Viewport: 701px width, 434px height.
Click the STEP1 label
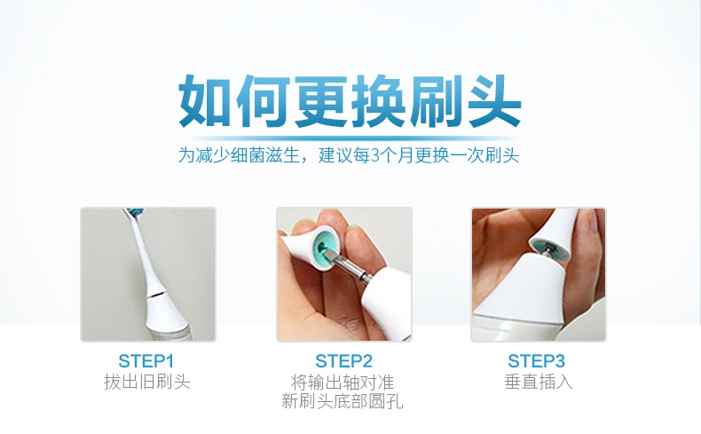pyautogui.click(x=146, y=360)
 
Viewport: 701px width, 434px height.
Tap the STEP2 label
pyautogui.click(x=343, y=360)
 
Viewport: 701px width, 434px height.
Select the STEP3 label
pyautogui.click(x=537, y=360)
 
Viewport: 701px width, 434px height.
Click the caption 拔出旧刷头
pyautogui.click(x=147, y=383)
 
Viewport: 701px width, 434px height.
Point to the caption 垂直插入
pyautogui.click(x=539, y=383)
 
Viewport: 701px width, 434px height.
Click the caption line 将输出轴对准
pyautogui.click(x=343, y=383)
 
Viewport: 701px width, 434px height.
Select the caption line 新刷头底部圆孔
pyautogui.click(x=343, y=401)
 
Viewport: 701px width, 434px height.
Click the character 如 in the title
pyautogui.click(x=205, y=101)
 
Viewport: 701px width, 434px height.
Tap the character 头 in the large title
pyautogui.click(x=494, y=101)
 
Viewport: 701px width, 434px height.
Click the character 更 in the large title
pyautogui.click(x=321, y=101)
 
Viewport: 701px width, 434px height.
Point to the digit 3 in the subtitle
pyautogui.click(x=375, y=156)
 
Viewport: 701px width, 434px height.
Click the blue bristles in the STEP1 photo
pyautogui.click(x=133, y=211)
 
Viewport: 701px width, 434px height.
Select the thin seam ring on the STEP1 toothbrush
pyautogui.click(x=158, y=296)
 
